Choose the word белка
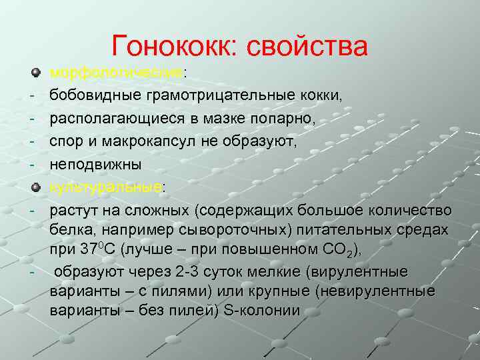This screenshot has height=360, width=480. pyautogui.click(x=71, y=230)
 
